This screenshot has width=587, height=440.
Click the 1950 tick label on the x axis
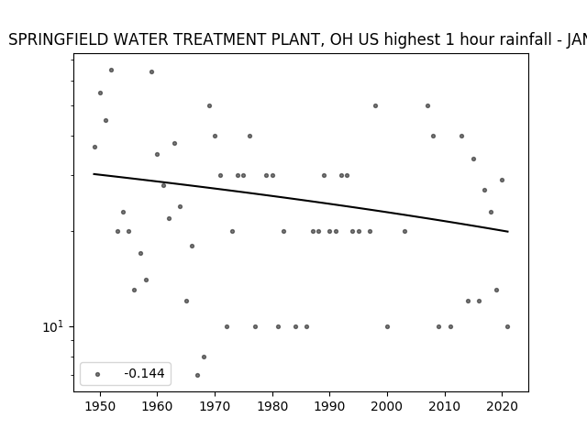[x=100, y=406]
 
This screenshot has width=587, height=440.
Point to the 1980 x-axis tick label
[x=272, y=406]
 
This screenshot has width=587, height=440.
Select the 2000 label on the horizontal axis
[x=387, y=406]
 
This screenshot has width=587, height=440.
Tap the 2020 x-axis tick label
[x=503, y=406]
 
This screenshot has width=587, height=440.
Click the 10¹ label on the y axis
[x=53, y=326]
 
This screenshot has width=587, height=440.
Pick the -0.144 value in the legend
[x=145, y=373]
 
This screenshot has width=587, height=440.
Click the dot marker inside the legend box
[x=98, y=374]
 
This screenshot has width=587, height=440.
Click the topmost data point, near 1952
[x=111, y=70]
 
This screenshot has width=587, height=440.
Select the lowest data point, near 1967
[x=198, y=375]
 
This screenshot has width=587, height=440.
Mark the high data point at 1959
[x=151, y=71]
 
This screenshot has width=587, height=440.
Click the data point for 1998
[x=375, y=106]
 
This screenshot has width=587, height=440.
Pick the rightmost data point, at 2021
[x=507, y=326]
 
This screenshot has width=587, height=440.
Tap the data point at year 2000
[x=387, y=326]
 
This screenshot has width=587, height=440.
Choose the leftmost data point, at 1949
[x=94, y=147]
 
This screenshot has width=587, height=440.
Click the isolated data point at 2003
[x=404, y=231]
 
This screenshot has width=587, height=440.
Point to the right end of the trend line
[x=508, y=232]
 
